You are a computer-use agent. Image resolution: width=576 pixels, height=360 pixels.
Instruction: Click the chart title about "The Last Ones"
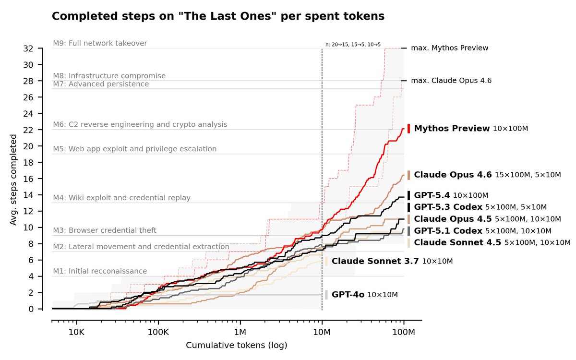coord(218,16)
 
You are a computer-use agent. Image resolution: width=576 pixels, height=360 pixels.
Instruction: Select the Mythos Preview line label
coord(452,129)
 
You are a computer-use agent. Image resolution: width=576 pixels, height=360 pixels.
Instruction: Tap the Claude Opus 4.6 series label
coord(453,175)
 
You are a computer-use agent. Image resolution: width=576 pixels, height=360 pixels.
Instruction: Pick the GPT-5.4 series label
coord(432,195)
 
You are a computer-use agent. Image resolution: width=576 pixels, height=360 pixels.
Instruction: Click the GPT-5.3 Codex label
coord(448,207)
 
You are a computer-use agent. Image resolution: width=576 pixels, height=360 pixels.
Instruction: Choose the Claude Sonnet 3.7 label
coord(375,261)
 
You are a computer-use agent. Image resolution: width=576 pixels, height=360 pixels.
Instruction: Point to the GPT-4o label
coord(348,295)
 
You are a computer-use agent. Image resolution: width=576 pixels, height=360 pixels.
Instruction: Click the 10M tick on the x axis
coord(322,332)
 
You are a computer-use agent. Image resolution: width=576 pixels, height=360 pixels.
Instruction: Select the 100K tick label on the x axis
coord(158,332)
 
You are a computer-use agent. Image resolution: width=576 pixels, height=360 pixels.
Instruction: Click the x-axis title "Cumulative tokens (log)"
coord(236,346)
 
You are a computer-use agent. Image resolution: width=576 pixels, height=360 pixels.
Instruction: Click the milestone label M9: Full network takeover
coord(100,43)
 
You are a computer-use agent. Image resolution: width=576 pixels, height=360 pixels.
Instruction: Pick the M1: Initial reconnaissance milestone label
coord(100,271)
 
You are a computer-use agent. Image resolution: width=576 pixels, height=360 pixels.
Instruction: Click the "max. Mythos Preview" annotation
coord(449,48)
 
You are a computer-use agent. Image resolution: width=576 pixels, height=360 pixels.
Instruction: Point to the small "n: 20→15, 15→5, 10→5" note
coord(353,44)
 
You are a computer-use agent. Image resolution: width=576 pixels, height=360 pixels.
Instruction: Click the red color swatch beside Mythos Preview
coord(408,129)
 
